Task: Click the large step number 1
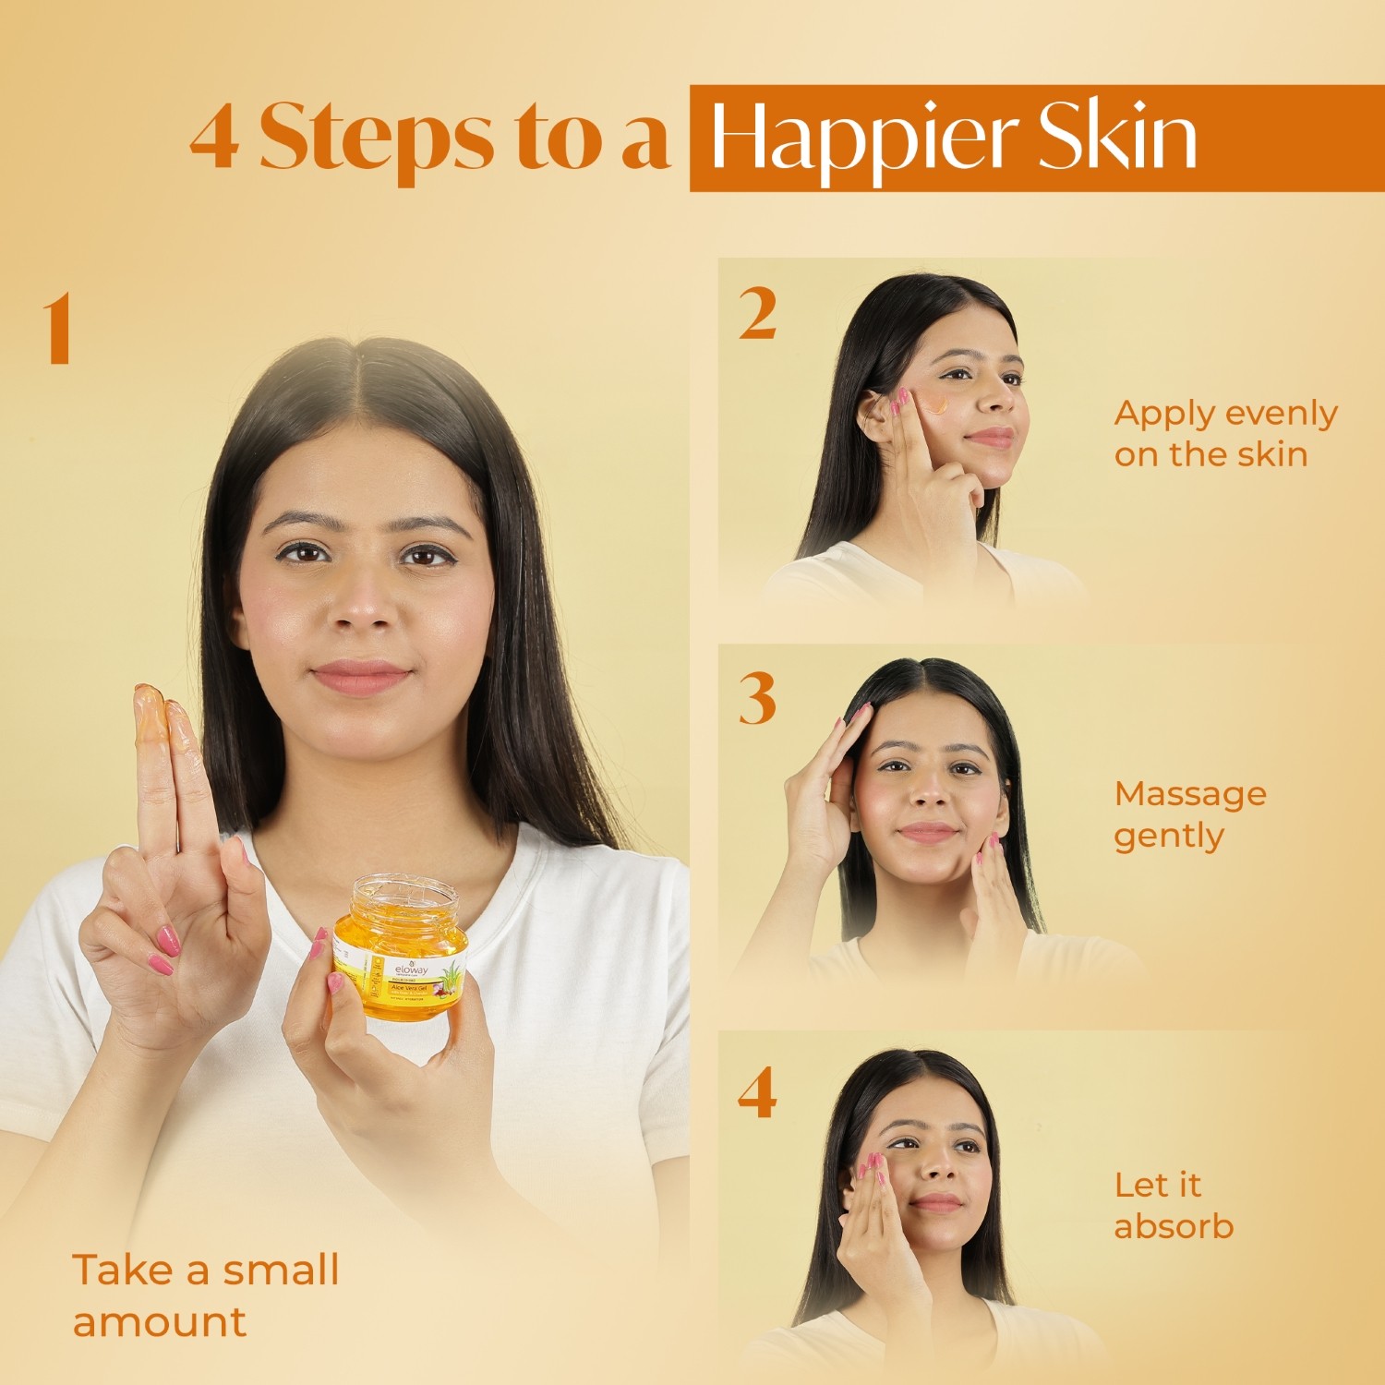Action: point(57,329)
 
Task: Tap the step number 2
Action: point(757,315)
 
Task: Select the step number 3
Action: point(757,699)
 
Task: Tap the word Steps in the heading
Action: point(376,138)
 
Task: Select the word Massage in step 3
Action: point(1189,793)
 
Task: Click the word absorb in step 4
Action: point(1174,1226)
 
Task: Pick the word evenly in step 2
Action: point(1281,414)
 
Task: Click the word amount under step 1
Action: point(160,1321)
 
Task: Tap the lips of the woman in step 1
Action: point(361,677)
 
